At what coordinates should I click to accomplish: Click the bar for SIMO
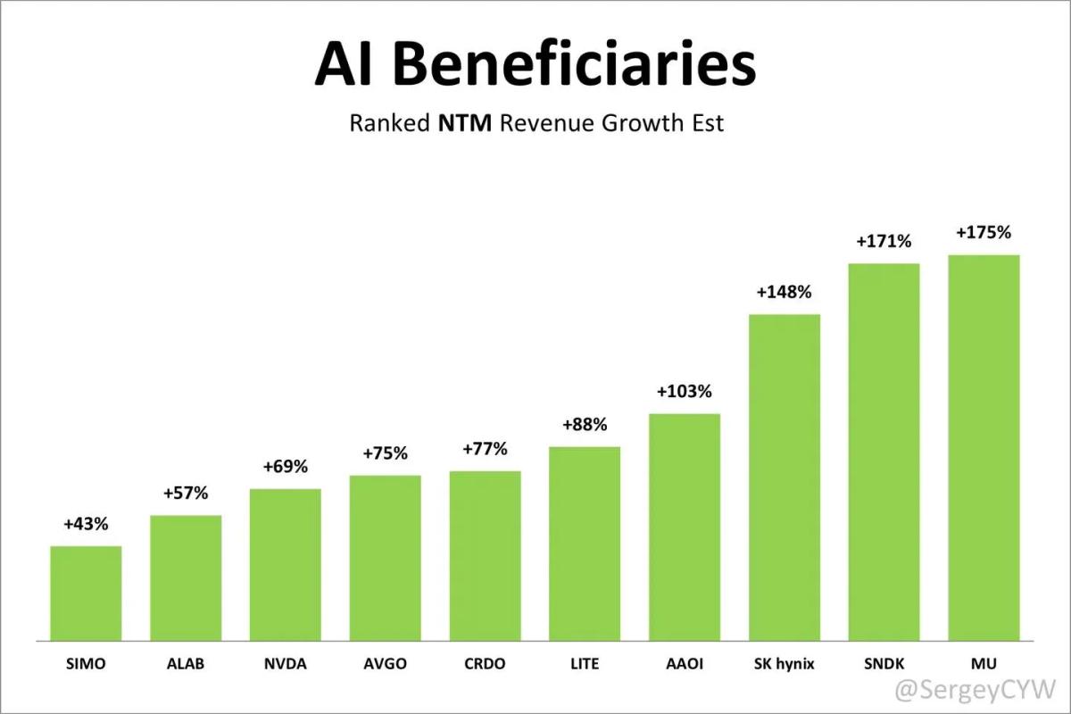(x=86, y=593)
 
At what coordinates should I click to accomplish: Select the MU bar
(x=984, y=447)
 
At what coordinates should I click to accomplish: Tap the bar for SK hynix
(x=784, y=477)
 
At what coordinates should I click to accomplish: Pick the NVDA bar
(x=285, y=564)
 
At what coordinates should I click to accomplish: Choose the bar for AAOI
(x=684, y=527)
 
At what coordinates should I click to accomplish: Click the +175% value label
(x=984, y=233)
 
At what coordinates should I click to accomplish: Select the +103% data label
(x=684, y=392)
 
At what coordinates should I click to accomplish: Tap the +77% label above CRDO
(x=485, y=448)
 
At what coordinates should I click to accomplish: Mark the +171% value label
(x=884, y=241)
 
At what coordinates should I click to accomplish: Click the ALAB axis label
(x=186, y=664)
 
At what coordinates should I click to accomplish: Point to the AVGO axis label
(x=385, y=664)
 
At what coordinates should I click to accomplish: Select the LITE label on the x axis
(x=584, y=664)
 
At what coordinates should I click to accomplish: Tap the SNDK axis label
(x=884, y=664)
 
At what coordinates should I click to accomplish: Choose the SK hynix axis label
(x=784, y=664)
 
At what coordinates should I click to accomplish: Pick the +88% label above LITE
(x=584, y=425)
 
